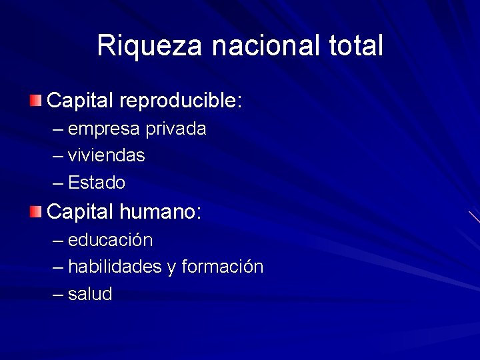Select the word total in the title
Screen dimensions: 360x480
pyautogui.click(x=357, y=46)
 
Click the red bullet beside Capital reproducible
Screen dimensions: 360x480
pyautogui.click(x=35, y=101)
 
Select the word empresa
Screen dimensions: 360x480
pyautogui.click(x=105, y=129)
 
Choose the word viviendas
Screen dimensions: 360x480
pyautogui.click(x=107, y=155)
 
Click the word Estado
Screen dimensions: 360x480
pyautogui.click(x=97, y=183)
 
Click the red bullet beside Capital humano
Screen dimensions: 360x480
pyautogui.click(x=35, y=213)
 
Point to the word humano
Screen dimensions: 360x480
pyautogui.click(x=161, y=213)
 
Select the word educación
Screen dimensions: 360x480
pyautogui.click(x=111, y=240)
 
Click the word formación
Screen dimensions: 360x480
pyautogui.click(x=223, y=267)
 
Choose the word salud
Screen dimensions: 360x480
pyautogui.click(x=90, y=294)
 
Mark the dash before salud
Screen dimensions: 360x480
pyautogui.click(x=59, y=295)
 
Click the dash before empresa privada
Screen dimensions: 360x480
pyautogui.click(x=59, y=129)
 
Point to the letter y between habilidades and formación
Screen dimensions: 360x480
pyautogui.click(x=171, y=268)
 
